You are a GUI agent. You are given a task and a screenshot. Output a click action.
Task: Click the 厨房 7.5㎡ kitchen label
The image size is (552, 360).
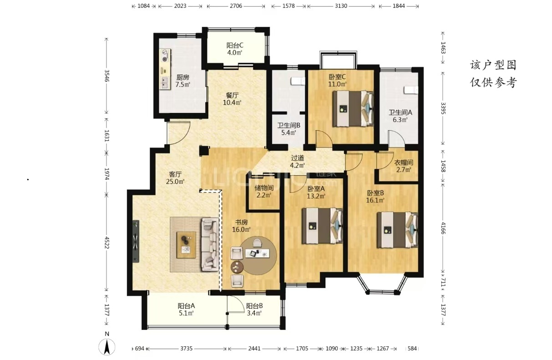tap(182, 81)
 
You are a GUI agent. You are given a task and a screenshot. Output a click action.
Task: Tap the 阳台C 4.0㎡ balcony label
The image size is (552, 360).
tap(235, 49)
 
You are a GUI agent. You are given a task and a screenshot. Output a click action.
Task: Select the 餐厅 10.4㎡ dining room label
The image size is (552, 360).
tap(232, 99)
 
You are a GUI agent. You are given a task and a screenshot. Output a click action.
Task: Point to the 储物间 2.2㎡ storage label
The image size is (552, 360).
tap(264, 192)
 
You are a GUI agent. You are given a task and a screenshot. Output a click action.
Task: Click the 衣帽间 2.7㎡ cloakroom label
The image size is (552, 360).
tap(404, 166)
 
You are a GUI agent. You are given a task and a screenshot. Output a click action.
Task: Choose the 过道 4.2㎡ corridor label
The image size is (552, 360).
tap(298, 162)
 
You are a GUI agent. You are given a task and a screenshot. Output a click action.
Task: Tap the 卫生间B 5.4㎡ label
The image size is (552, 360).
tap(289, 129)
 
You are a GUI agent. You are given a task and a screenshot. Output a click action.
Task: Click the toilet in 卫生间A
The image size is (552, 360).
tap(411, 90)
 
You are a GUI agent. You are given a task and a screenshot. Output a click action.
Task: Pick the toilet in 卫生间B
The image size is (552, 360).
tap(298, 81)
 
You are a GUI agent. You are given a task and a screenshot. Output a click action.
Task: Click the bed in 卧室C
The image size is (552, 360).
tap(353, 109)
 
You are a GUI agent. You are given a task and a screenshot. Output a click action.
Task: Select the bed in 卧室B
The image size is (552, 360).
tap(397, 230)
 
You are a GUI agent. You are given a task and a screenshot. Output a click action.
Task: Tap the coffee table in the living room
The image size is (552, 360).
tap(186, 245)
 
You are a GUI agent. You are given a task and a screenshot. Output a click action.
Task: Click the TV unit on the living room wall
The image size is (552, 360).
tap(136, 241)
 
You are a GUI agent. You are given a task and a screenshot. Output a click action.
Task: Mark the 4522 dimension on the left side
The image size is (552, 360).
tap(106, 243)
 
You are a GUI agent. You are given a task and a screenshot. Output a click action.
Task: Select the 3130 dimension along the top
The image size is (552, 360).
tap(341, 6)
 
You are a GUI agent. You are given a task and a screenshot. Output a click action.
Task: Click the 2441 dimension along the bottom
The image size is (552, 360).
tap(254, 349)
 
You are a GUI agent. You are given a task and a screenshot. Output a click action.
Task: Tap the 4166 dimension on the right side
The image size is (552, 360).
tap(443, 228)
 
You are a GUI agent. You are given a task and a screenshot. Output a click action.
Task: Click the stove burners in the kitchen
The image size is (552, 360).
tap(165, 56)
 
